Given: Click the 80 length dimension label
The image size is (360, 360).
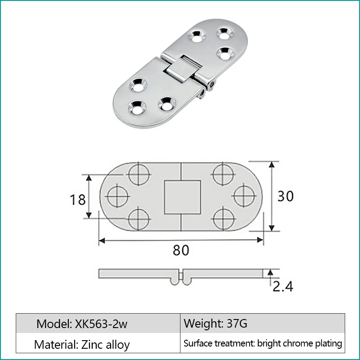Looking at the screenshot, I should pos(181,250).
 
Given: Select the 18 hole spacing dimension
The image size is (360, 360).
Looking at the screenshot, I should pos(78,198).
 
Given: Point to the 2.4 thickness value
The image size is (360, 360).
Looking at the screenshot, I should pos(282,285).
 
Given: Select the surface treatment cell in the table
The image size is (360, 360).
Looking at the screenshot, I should pos(262,344).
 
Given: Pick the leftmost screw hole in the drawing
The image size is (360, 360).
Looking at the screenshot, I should pos(118,196).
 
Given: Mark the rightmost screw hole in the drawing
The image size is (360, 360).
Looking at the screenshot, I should pos(244,196).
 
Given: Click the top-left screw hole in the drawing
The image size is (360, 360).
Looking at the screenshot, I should pos(138,174).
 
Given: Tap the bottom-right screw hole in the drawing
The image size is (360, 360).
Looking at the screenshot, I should pos(224,219).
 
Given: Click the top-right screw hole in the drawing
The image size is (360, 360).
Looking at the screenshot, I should pos(224,174).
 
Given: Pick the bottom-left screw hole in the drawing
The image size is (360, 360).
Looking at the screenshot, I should pos(138,219).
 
